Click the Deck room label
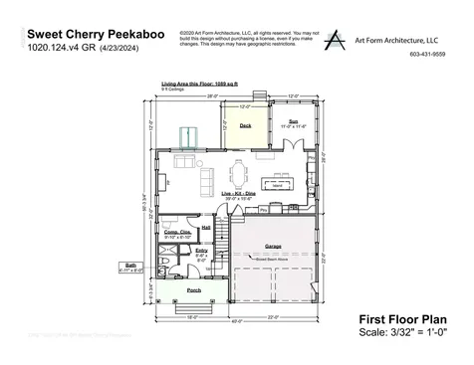point(245,125)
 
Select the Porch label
point(195,290)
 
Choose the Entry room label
point(201,251)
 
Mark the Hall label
point(206,226)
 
